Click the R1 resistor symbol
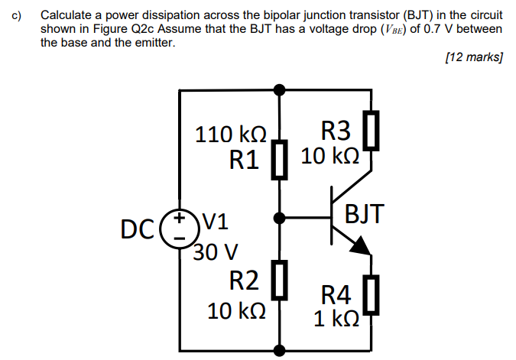pos(281,159)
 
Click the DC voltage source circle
pos(180,228)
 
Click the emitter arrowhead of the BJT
pos(361,244)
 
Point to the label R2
pos(245,281)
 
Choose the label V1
pos(216,223)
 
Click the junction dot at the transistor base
pos(281,219)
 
